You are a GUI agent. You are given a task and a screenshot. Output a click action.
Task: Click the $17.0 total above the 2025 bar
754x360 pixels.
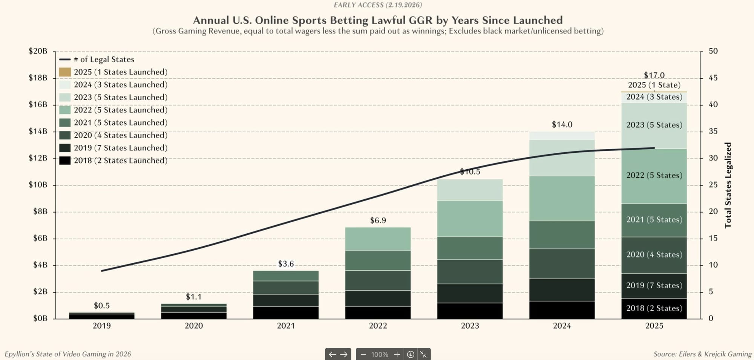pos(654,75)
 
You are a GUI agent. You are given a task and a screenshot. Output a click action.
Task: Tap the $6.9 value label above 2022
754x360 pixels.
pos(378,221)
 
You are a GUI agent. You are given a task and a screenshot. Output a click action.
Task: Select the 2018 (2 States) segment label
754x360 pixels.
pos(654,308)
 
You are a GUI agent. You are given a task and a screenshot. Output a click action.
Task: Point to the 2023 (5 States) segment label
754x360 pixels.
pos(654,125)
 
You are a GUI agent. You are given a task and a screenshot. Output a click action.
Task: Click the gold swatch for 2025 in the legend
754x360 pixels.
pos(65,72)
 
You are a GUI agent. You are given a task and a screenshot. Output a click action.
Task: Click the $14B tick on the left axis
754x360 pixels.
pos(38,131)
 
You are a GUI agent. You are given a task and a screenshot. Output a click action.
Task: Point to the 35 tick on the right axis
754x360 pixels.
pos(713,131)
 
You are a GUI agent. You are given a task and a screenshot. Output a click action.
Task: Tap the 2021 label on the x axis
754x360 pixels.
pos(286,326)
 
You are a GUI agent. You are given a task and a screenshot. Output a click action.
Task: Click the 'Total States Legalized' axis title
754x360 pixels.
pos(728,185)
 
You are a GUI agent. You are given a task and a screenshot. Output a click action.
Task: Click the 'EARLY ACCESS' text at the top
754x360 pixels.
pos(358,5)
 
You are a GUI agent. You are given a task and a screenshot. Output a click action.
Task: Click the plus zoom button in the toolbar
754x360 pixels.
pos(397,354)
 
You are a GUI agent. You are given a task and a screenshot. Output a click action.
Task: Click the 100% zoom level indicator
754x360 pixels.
pos(379,354)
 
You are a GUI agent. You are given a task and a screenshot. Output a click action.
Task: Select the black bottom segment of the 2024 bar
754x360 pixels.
pos(562,310)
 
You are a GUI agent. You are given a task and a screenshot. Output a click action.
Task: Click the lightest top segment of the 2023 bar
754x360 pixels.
pos(470,190)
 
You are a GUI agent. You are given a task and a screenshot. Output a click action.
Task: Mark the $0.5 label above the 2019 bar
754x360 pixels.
pos(101,306)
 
